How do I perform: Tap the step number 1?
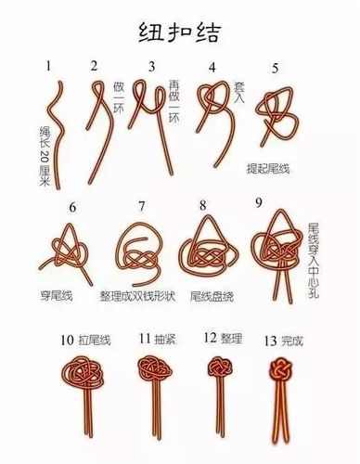[x=48, y=65]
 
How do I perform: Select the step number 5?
[x=276, y=69]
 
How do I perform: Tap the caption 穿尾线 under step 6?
[x=58, y=296]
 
